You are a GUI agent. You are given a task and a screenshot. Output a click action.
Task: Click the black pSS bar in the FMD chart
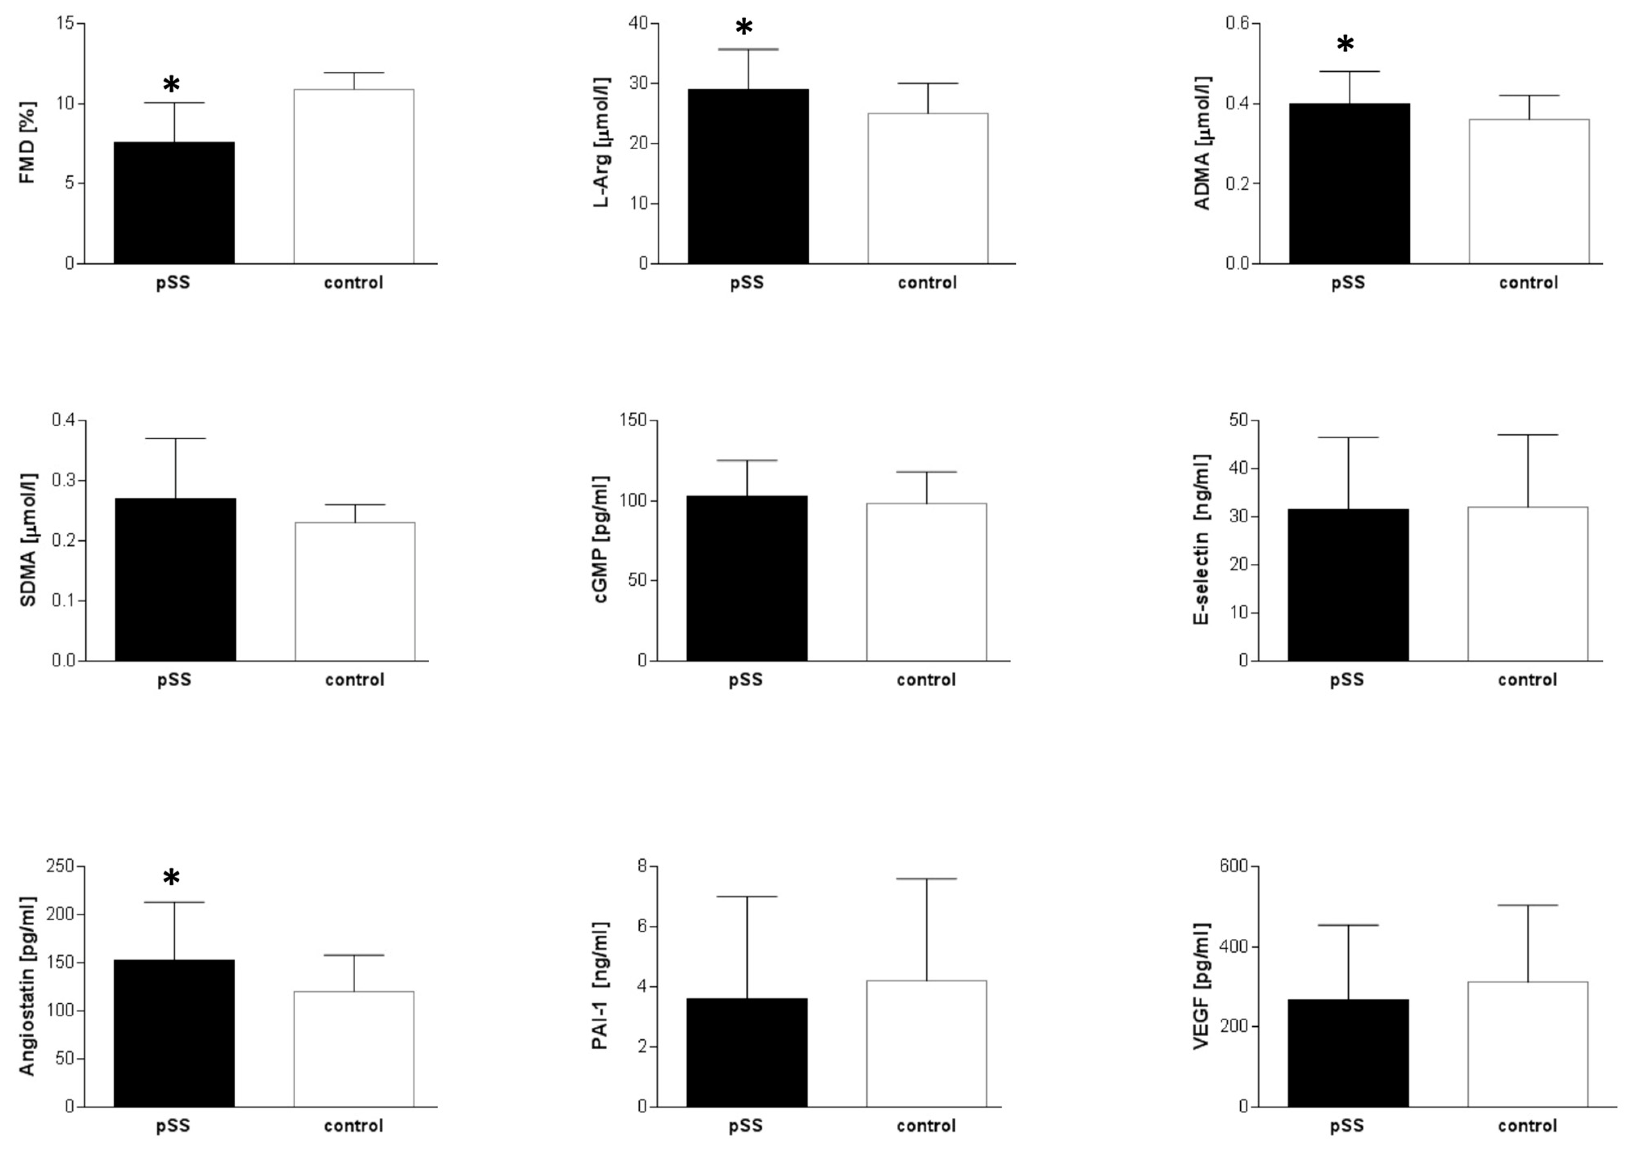[x=174, y=203]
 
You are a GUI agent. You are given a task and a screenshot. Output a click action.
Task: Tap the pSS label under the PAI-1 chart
[x=745, y=1126]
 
